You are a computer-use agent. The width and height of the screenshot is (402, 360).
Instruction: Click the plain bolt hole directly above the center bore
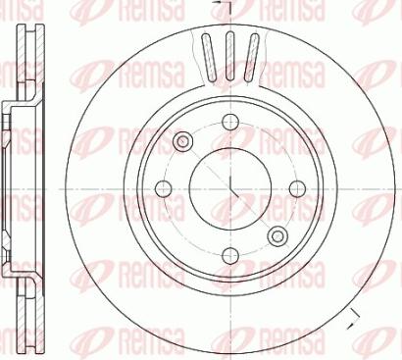coord(230,121)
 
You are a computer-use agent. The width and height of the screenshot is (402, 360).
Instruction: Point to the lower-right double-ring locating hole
coord(278,235)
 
